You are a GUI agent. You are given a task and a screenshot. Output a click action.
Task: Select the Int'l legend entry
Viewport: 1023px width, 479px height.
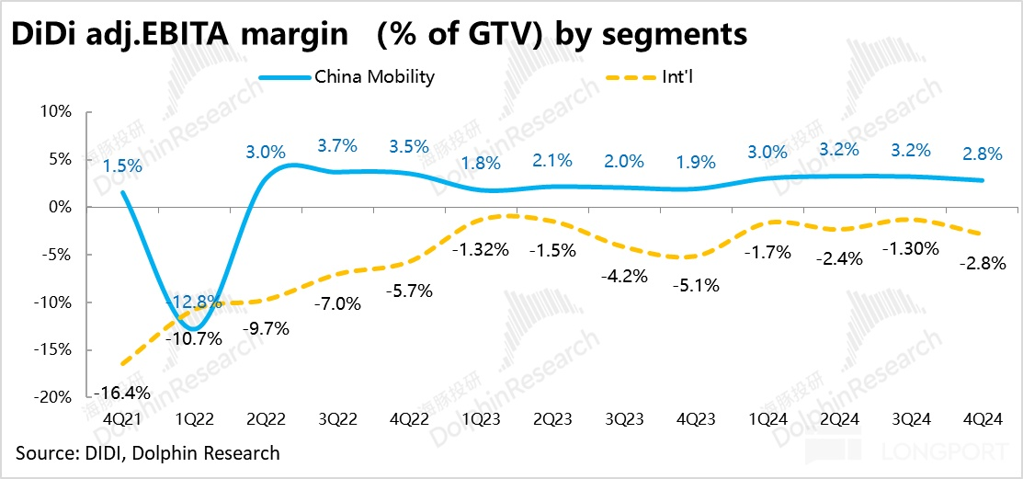[681, 77]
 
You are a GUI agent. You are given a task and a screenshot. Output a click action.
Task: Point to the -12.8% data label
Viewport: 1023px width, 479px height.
[193, 301]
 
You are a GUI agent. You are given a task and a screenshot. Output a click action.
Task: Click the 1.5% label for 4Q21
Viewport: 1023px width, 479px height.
[122, 166]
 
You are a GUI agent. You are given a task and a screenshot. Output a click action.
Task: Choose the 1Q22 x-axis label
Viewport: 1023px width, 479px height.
[195, 419]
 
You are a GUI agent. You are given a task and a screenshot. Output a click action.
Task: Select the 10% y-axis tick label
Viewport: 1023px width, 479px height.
[57, 111]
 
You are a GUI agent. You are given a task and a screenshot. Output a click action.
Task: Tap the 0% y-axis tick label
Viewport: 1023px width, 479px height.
[62, 207]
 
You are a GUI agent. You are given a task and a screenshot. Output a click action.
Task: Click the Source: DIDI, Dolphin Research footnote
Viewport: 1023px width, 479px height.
[148, 453]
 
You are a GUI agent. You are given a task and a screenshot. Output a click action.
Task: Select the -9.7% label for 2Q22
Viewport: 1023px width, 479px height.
[267, 326]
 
